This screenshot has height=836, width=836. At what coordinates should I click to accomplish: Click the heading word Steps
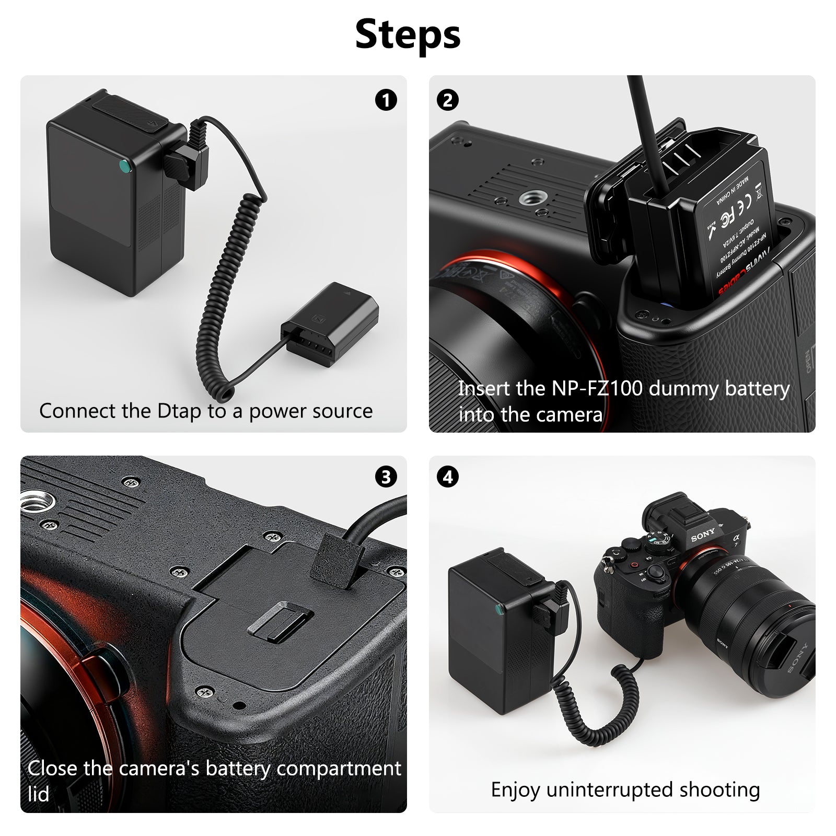click(408, 34)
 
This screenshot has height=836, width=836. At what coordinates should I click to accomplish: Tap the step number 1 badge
click(386, 100)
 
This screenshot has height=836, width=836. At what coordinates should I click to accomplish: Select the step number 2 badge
click(448, 100)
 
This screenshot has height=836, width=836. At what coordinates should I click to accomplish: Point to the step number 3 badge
click(386, 477)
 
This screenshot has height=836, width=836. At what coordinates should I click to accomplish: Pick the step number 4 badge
click(448, 477)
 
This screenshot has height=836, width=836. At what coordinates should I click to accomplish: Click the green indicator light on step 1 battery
click(124, 166)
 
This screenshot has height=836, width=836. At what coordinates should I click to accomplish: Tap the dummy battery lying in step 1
click(330, 324)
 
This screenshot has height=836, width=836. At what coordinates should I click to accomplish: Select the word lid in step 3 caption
click(39, 794)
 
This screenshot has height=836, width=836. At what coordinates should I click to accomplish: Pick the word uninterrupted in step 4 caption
click(609, 790)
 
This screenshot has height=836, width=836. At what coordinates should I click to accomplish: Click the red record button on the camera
click(634, 565)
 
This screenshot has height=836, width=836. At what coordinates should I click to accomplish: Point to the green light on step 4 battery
click(497, 610)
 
